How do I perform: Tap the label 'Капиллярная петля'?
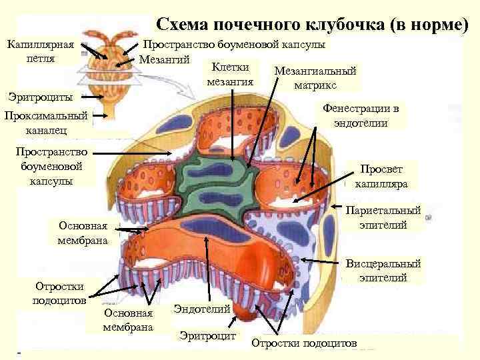tap(39, 51)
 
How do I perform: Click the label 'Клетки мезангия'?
tap(230, 74)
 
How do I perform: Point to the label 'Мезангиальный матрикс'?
tap(315, 78)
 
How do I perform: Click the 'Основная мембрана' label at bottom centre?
tap(128, 320)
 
